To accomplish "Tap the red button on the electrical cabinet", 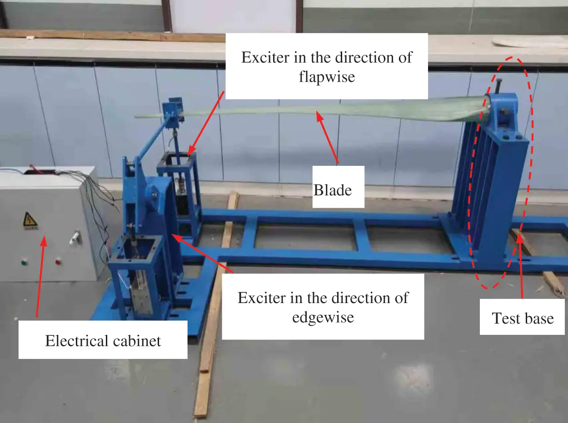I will coord(58,261).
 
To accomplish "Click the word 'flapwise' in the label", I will coord(327,77).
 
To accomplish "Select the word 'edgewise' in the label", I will coord(323,317).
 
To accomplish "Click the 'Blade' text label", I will coord(333,189).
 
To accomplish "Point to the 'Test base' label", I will coord(523,318).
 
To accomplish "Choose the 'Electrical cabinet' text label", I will coord(103,340).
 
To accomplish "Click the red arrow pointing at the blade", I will coord(329,139).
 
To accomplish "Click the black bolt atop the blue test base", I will coord(499,86).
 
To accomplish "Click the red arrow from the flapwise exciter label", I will coord(206,123).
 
